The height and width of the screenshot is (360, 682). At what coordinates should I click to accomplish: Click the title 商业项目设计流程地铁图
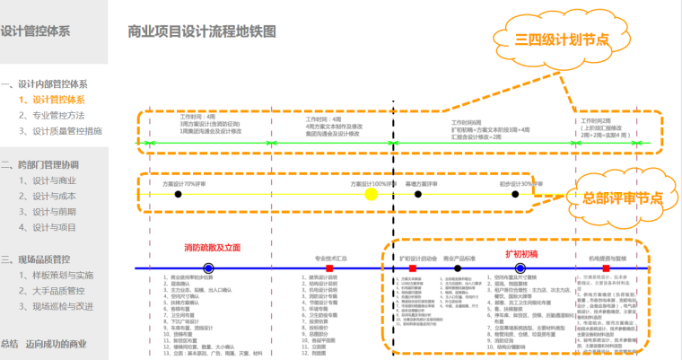tap(201, 31)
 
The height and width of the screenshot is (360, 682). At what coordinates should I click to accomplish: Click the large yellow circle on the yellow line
tap(369, 193)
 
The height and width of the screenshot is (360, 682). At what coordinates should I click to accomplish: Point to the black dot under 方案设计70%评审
tap(178, 193)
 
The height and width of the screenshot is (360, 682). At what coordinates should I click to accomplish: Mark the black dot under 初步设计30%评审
tap(515, 193)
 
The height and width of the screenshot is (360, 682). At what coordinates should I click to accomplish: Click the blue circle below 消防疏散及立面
tap(208, 268)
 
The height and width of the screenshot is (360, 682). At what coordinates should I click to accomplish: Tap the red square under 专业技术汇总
tap(330, 268)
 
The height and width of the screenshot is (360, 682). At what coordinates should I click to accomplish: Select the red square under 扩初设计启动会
tap(413, 268)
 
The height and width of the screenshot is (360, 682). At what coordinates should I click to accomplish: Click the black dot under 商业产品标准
tap(458, 268)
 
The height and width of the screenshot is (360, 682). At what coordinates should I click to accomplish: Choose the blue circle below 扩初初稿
tap(520, 268)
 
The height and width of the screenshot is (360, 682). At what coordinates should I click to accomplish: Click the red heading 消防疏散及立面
tap(213, 248)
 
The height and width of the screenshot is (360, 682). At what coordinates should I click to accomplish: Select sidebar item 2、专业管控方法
tap(57, 115)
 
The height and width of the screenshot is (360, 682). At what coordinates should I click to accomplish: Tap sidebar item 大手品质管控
tap(57, 290)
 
